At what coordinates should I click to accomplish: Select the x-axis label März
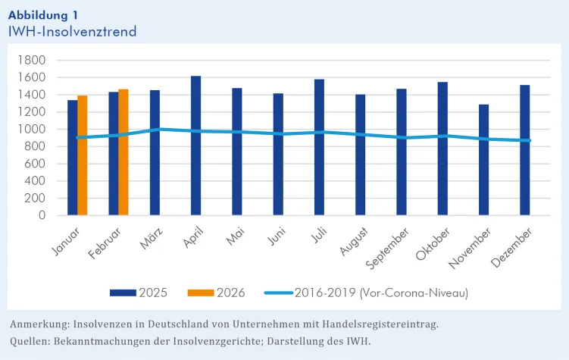(x=149, y=239)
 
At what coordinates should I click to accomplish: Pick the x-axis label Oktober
(x=431, y=245)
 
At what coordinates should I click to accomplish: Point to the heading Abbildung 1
(x=42, y=15)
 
